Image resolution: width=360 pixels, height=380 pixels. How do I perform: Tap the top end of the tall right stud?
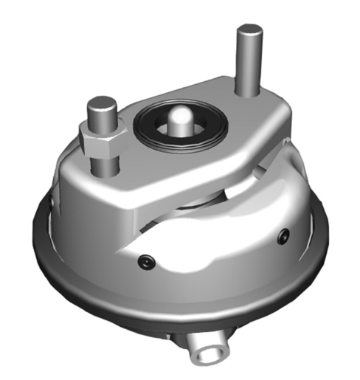tap(249, 32)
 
